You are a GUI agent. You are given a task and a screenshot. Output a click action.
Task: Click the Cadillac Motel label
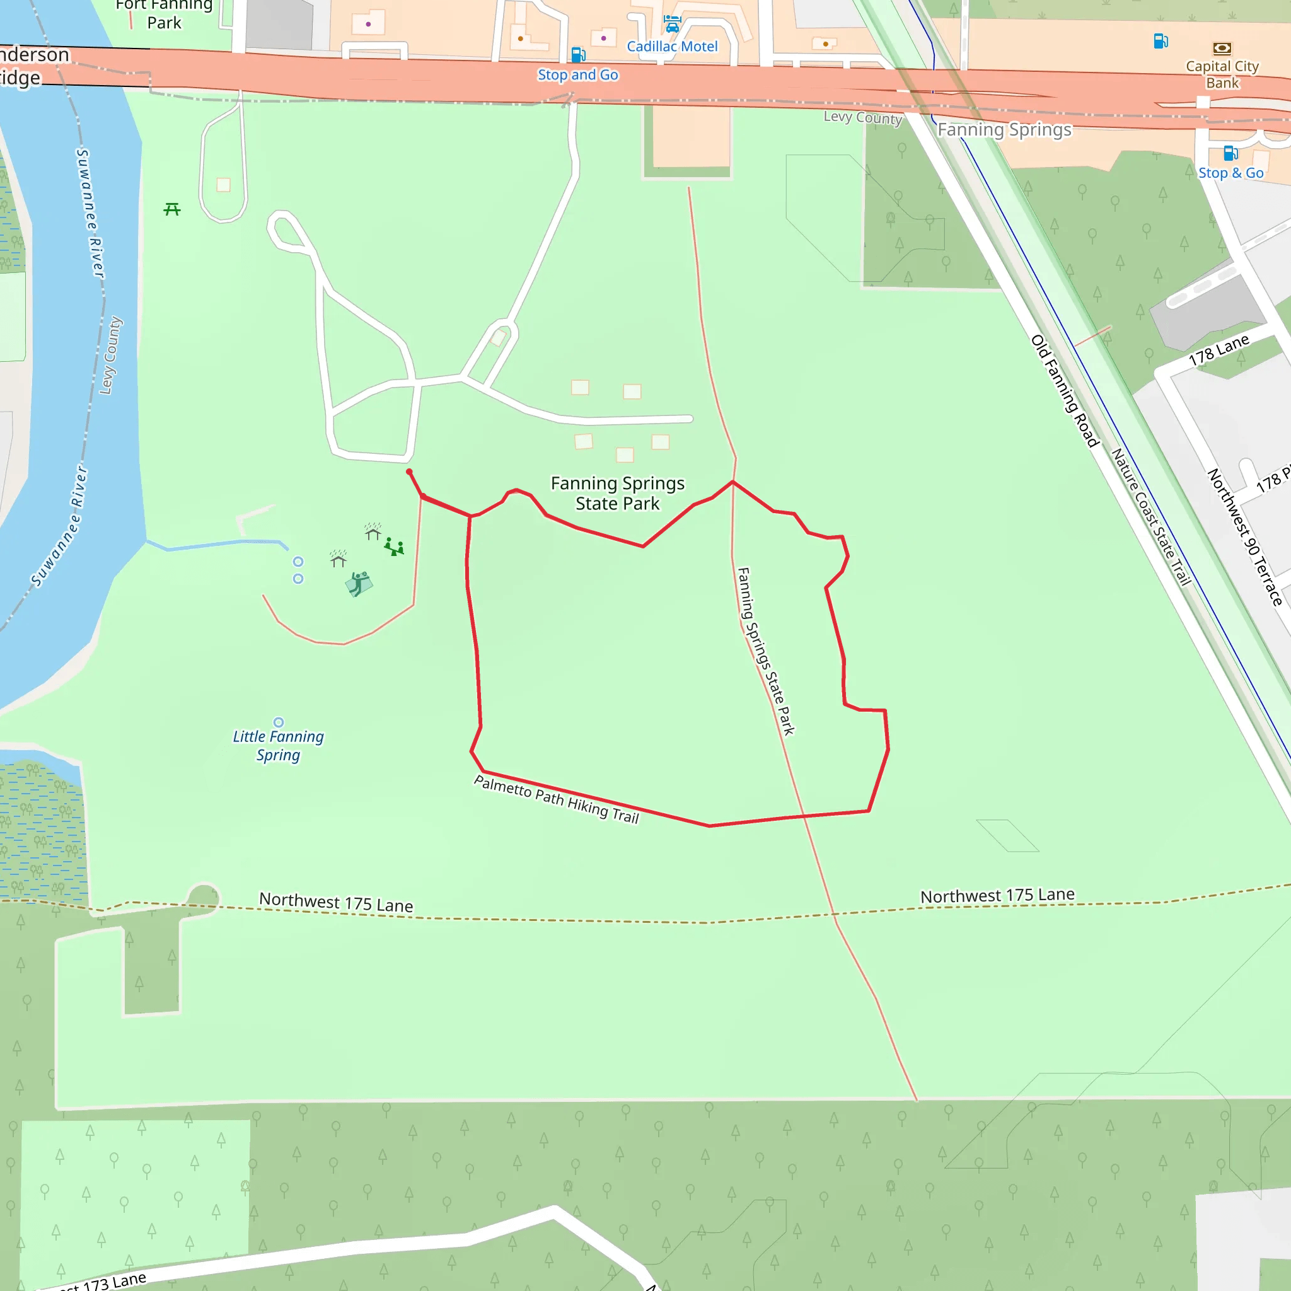coord(671,47)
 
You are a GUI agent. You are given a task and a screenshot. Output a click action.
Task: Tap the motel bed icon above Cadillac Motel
coord(671,24)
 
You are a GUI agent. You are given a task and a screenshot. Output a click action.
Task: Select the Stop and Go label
coord(578,75)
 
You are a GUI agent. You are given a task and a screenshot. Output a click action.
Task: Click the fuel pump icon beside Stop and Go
coord(579,54)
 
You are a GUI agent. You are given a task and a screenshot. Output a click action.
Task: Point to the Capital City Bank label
coord(1222,74)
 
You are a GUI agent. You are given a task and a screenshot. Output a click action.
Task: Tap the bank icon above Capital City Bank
coord(1222,48)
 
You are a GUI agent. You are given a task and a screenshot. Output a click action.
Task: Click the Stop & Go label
coord(1231,173)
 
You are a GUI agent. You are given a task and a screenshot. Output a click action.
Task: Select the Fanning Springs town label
coord(1004,130)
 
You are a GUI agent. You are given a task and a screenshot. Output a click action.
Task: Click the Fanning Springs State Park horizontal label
coord(617,493)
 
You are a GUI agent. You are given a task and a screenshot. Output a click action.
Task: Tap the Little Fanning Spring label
coord(278,746)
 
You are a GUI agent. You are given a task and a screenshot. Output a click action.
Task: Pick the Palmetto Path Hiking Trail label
coord(557,799)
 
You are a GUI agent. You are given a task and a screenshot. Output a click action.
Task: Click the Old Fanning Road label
coord(1065,391)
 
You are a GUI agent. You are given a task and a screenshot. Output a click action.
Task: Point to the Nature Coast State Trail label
coord(1151,516)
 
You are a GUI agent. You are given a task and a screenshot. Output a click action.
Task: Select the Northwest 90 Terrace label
coord(1244,536)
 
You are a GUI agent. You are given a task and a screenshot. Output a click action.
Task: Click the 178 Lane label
coord(1219,350)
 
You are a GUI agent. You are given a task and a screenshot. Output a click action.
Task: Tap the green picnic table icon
coord(171,210)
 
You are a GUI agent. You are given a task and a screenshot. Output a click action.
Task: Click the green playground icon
coord(394,548)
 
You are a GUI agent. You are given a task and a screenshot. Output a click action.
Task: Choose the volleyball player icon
coord(359,583)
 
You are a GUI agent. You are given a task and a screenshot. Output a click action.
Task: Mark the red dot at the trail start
coord(410,472)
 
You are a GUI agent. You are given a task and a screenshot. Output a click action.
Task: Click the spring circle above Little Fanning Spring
coord(279,722)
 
